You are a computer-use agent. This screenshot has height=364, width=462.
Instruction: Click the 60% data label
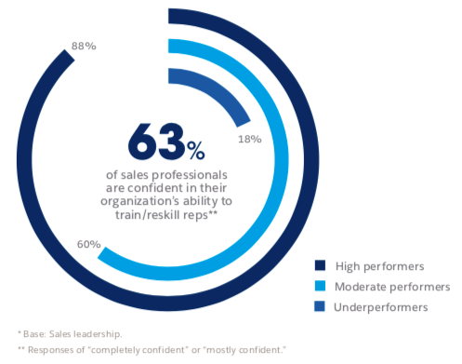[73, 245]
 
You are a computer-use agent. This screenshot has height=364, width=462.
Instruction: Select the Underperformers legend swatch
[320, 304]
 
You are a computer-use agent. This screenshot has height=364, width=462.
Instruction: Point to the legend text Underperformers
[378, 304]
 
